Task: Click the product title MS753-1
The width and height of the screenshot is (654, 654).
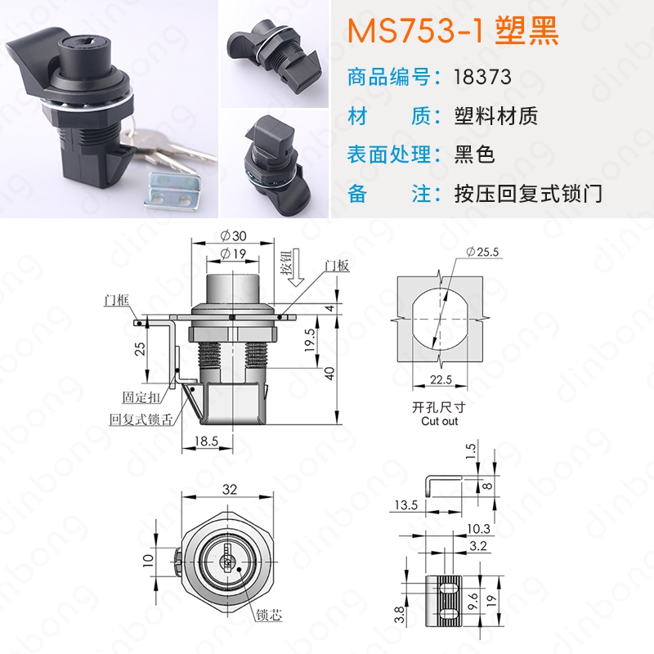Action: coord(415,31)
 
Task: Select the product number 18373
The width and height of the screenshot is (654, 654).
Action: coord(482,77)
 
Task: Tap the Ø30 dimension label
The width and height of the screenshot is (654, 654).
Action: coord(233,235)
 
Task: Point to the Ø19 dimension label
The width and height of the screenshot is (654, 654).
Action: coord(233,253)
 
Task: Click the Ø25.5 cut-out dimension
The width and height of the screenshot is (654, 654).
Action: coord(482,252)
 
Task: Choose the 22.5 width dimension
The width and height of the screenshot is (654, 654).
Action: coord(441,379)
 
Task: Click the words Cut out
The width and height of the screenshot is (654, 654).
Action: coord(440,421)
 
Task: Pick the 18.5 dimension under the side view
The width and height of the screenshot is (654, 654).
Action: coord(207,441)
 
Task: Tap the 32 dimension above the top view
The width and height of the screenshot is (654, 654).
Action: coord(230,489)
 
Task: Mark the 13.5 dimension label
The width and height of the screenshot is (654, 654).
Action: coord(405,505)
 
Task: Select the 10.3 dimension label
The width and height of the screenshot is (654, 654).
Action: coord(478,529)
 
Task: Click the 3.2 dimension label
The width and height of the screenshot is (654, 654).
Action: coord(478,546)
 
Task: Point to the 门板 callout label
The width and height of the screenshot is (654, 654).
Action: coord(337,266)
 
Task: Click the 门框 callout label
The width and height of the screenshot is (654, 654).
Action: coord(117,300)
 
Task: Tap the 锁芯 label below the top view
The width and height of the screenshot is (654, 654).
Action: coord(270,615)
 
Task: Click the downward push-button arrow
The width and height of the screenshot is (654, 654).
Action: coord(297,267)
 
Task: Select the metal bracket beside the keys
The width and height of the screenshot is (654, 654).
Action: coord(172,191)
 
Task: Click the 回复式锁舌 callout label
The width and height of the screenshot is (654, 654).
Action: coord(141,419)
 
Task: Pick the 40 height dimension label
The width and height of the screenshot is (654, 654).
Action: coord(329,374)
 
